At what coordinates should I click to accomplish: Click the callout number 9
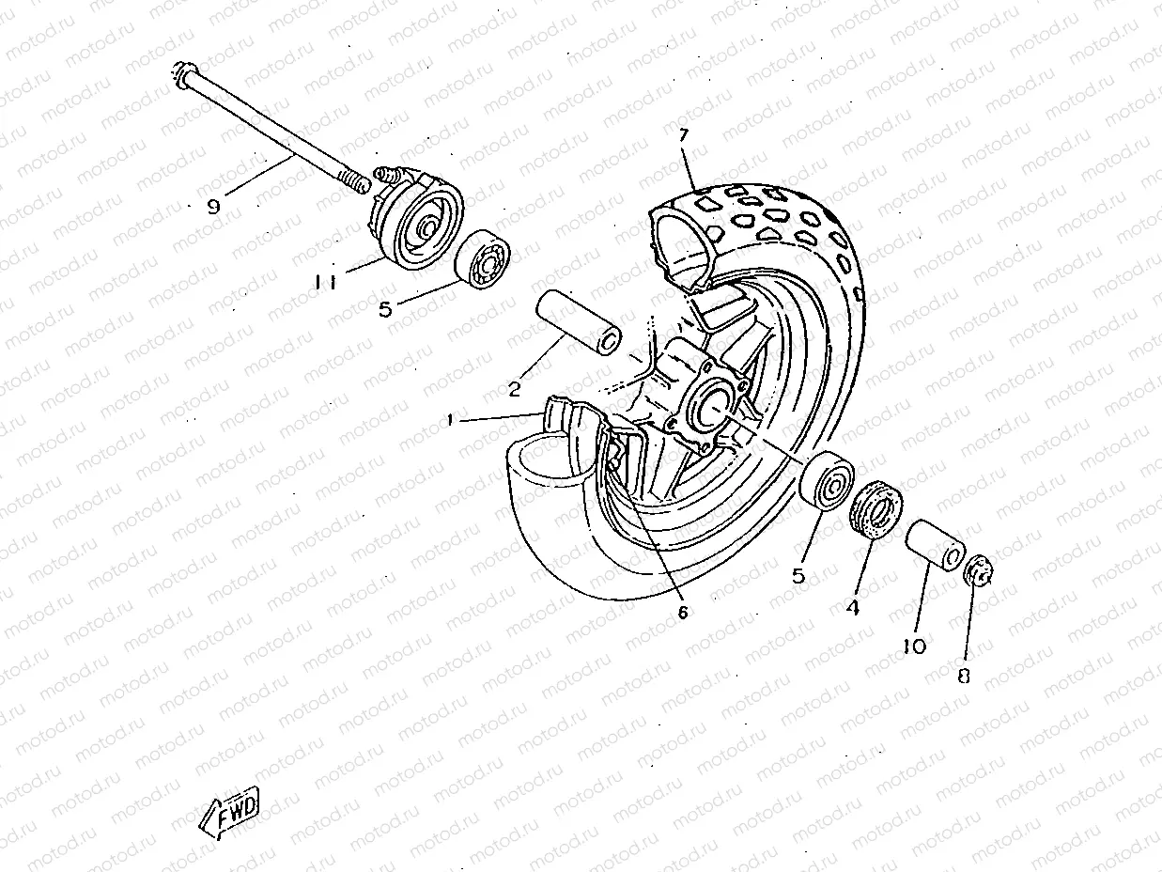[x=213, y=207]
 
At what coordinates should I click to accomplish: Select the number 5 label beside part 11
[x=384, y=309]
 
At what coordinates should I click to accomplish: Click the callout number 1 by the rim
[x=452, y=422]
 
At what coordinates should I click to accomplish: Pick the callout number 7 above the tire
[x=685, y=134]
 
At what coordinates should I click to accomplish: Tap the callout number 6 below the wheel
[x=683, y=612]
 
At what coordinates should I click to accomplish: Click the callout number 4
[x=852, y=607]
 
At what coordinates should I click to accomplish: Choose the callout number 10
[x=914, y=646]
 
